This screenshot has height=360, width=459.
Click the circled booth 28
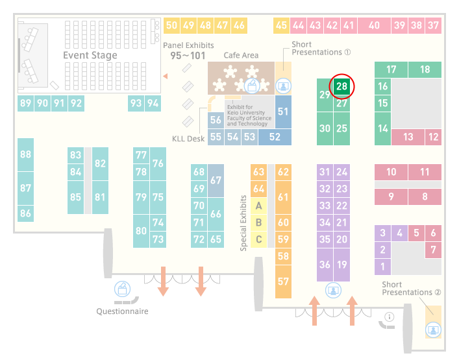(341, 86)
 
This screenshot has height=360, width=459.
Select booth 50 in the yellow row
(171, 25)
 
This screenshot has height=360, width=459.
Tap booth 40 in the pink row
(374, 25)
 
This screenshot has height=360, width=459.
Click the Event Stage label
(90, 55)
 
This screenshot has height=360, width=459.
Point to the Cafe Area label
(241, 55)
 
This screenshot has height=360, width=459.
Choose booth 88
(25, 154)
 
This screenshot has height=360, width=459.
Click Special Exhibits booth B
(259, 222)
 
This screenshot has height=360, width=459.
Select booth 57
(283, 282)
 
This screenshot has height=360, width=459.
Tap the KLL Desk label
(188, 139)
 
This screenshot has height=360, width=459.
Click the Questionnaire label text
(122, 311)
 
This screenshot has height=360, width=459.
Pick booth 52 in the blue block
(275, 137)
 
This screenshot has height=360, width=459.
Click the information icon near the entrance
(390, 317)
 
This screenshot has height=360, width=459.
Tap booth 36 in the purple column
(325, 265)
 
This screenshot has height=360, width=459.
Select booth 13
(408, 137)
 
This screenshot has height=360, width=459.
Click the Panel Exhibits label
(188, 45)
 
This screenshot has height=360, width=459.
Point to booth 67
(216, 180)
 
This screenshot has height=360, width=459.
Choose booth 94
(153, 103)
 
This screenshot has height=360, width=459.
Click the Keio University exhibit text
(249, 115)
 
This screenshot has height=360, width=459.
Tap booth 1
(382, 267)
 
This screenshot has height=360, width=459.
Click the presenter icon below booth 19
(333, 291)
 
